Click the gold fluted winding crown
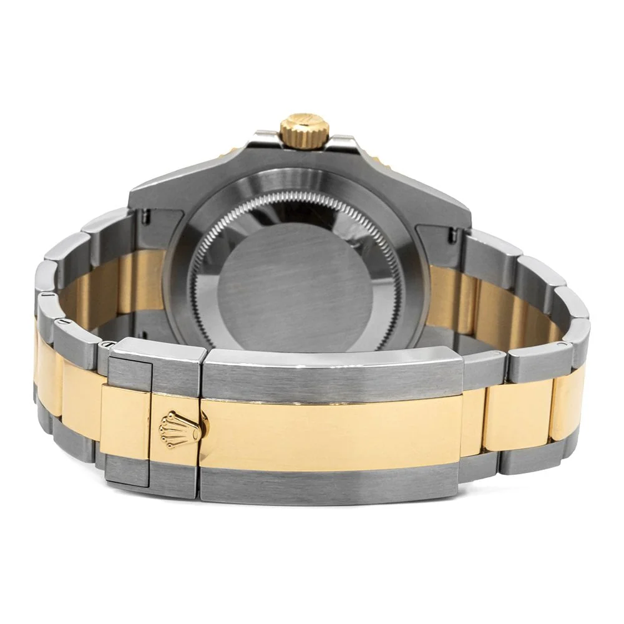tap(304, 130)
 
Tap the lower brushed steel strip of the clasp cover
tap(331, 483)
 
